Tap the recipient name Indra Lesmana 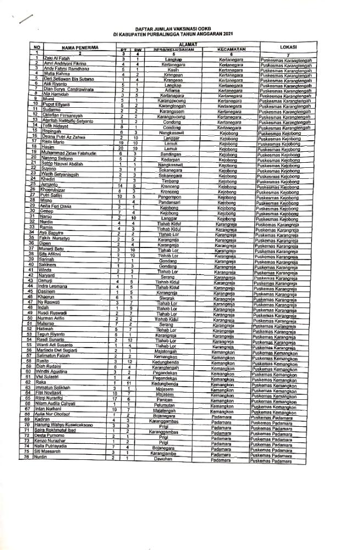click(x=57, y=286)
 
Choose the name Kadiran click(x=49, y=420)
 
